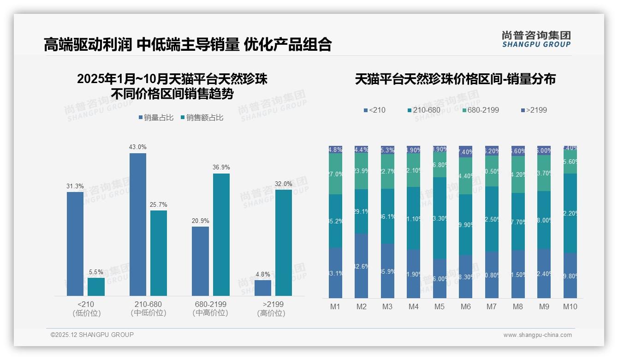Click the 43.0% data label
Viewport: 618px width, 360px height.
tap(137, 147)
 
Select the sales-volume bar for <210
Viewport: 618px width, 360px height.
tap(75, 244)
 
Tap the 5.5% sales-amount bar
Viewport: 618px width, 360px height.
tap(96, 287)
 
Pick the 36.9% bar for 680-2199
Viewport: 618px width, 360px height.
tap(221, 234)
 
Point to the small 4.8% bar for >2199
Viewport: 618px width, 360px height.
tap(262, 288)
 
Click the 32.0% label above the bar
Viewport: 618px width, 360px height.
tap(283, 184)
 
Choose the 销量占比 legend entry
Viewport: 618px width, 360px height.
tap(155, 118)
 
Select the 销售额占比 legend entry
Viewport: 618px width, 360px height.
tap(202, 118)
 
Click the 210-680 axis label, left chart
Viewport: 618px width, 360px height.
tap(148, 304)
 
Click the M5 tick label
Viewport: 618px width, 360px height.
tap(440, 306)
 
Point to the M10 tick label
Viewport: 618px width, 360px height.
tap(570, 306)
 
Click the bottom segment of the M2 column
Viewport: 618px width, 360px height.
tap(361, 266)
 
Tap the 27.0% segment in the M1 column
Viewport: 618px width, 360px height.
tap(335, 174)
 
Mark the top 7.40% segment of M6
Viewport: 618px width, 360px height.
tap(466, 152)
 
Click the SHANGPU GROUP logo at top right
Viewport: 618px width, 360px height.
tap(536, 39)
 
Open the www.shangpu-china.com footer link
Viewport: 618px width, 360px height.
tap(537, 335)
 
